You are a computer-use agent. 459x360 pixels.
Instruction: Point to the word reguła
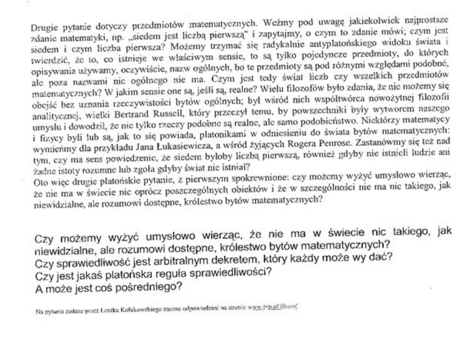coord(155,271)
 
